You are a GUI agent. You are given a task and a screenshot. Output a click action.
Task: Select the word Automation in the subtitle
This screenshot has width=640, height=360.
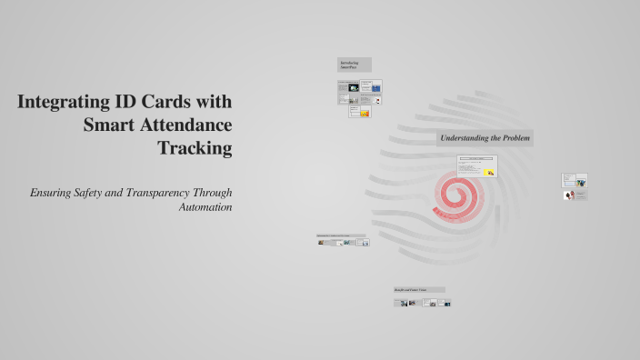point(206,206)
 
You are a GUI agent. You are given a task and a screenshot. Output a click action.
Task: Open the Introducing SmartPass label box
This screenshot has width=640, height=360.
point(354,65)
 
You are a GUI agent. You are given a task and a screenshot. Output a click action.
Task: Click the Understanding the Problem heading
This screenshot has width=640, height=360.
point(485,138)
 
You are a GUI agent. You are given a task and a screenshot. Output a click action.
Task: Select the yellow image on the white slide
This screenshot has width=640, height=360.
point(490,171)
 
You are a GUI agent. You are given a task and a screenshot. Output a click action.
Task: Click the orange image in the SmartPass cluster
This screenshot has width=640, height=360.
point(365,113)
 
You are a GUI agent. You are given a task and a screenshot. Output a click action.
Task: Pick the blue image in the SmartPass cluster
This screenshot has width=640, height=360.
point(375,89)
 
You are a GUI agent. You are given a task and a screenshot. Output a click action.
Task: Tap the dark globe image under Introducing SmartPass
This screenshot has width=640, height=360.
point(354,88)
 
